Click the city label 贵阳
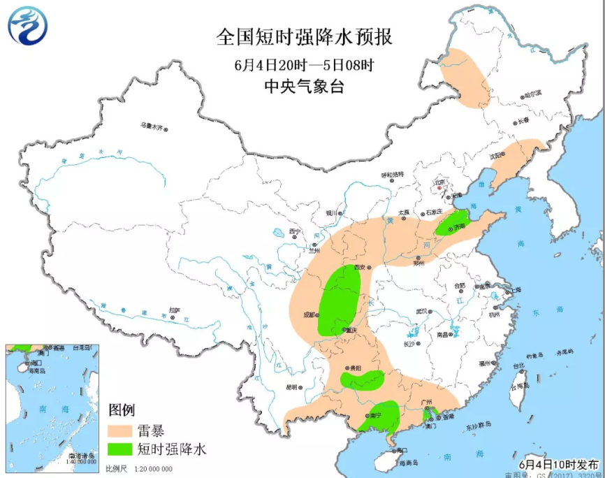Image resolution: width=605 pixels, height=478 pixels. [356, 368]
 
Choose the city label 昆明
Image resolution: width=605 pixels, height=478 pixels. [291, 386]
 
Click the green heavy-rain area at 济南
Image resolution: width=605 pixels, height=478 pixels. [451, 223]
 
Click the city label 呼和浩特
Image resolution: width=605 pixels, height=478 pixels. [392, 174]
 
